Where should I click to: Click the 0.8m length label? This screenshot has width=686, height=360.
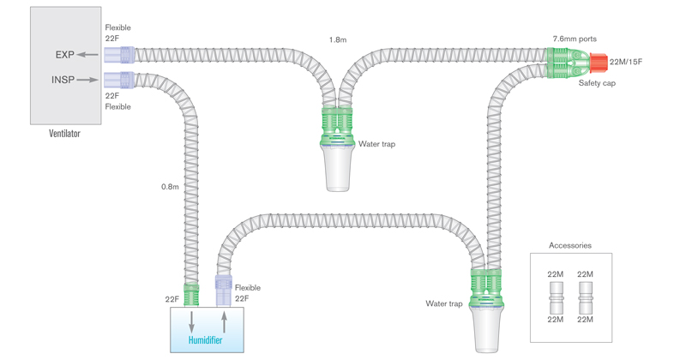pos(172,186)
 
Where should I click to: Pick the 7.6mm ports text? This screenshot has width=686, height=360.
pos(575,39)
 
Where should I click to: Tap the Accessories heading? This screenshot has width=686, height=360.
pos(570,246)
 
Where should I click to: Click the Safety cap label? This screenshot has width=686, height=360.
pos(596,83)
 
